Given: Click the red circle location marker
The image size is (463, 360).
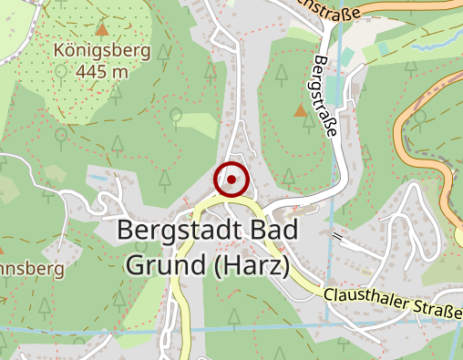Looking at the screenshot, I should point(231,180).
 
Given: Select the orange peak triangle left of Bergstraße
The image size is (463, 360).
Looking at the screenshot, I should point(300,110).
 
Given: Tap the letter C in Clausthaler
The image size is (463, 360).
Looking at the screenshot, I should point(330,293).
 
